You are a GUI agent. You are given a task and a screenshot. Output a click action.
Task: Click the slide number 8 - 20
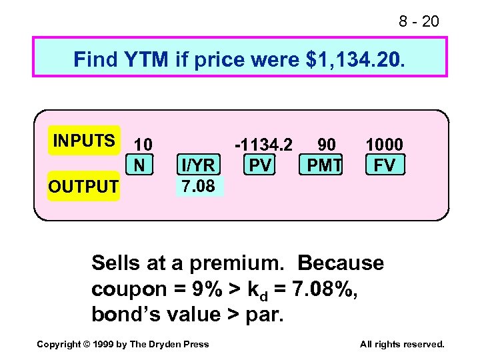[x=419, y=22]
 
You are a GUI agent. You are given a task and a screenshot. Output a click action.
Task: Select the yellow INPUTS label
[x=84, y=141]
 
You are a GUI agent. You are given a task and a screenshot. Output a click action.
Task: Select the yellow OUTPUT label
[x=83, y=187]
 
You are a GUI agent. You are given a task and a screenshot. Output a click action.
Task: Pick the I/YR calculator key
[x=197, y=165]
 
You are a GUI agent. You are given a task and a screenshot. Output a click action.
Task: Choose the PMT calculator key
[x=324, y=164]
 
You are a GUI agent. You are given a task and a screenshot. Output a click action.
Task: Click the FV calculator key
[x=385, y=164]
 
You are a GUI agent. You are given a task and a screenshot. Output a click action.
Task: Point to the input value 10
[x=143, y=144]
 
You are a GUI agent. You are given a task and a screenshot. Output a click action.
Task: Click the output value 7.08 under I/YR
[x=199, y=186]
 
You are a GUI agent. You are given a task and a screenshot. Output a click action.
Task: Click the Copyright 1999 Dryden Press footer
[x=123, y=344]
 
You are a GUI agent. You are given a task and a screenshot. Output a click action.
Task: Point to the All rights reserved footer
[x=401, y=344]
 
